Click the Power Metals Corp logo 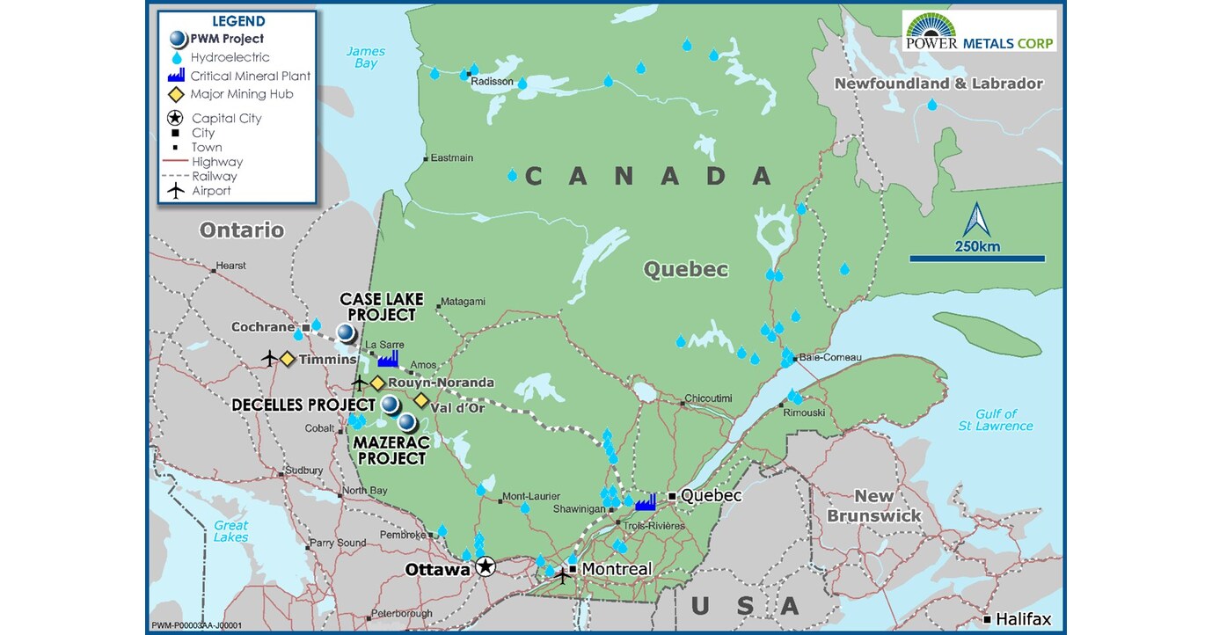(979, 30)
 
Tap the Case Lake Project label (377, 307)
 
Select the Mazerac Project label (390, 450)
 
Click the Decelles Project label (303, 405)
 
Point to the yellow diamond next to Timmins (287, 359)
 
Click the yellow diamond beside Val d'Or (421, 401)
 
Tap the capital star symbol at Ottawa (485, 567)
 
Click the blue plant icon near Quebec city (646, 501)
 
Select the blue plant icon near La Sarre (388, 357)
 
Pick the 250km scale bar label (977, 246)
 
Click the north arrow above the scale (976, 219)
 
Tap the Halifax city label (1023, 619)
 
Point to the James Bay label (365, 57)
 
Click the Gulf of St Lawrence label (996, 420)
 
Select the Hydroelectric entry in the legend (230, 57)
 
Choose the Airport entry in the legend (211, 191)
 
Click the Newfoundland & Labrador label (938, 84)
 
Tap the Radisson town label (492, 81)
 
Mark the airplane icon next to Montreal (562, 576)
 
